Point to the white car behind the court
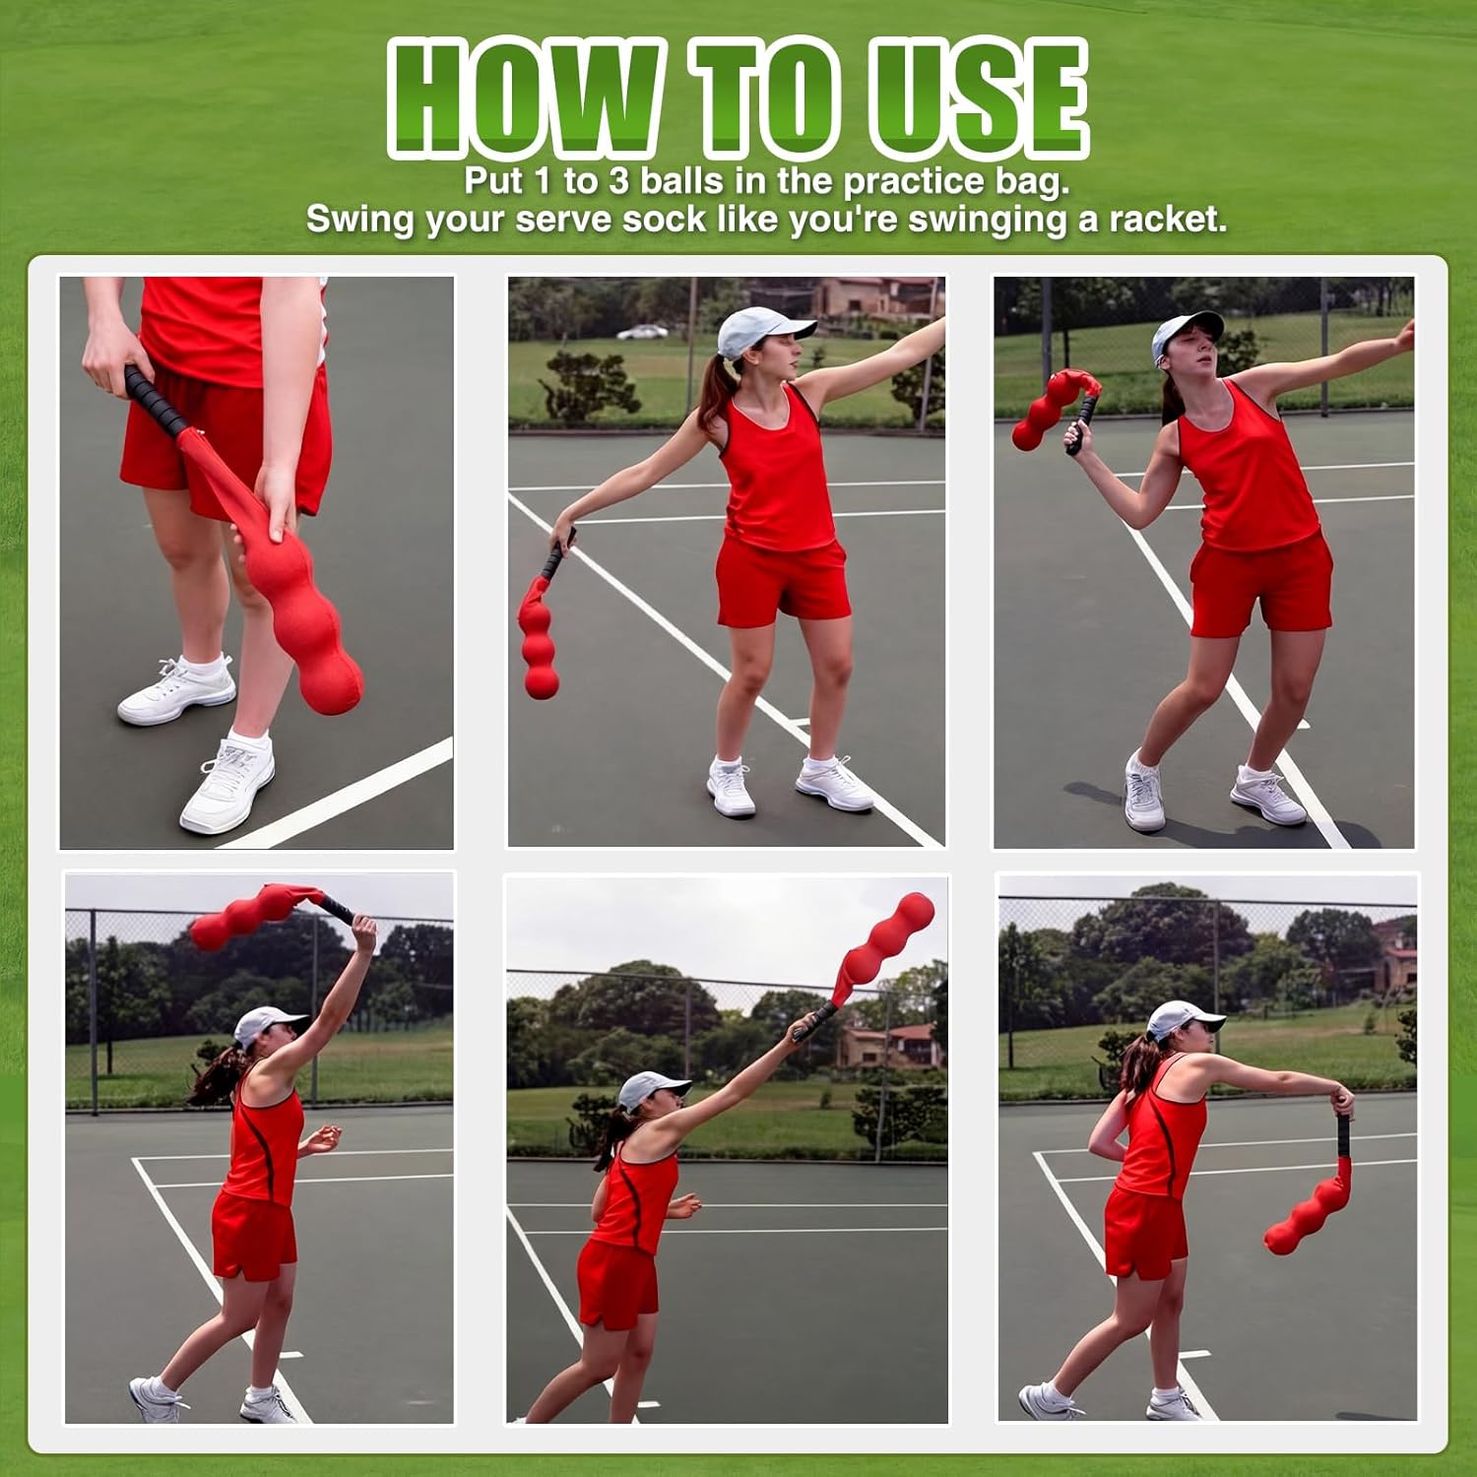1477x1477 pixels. click(642, 332)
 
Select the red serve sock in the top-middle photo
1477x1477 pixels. click(537, 640)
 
